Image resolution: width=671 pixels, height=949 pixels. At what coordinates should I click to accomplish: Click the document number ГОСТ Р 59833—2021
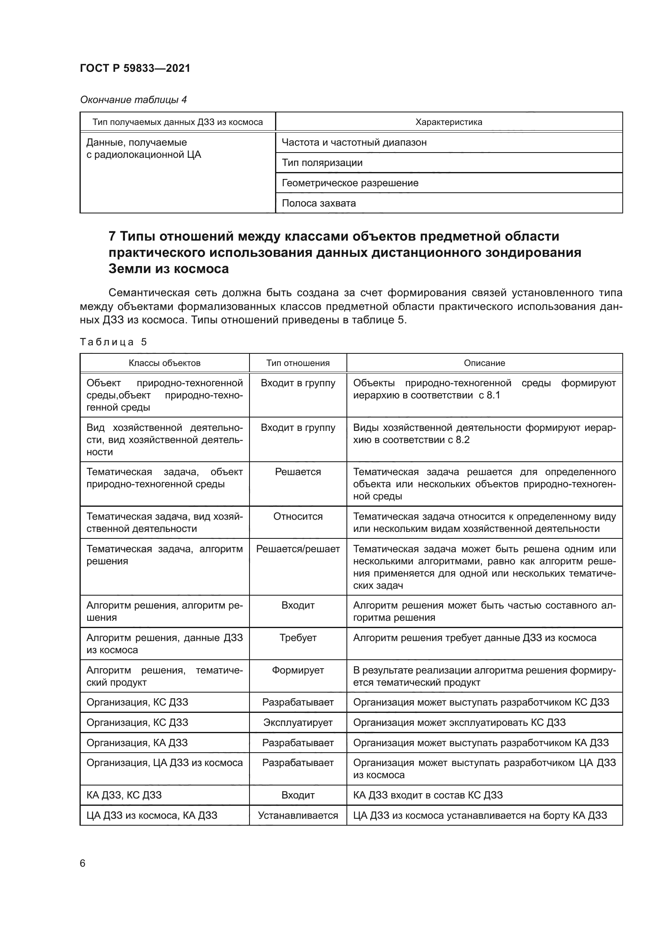pos(135,68)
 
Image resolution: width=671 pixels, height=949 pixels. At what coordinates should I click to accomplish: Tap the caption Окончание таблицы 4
pos(133,100)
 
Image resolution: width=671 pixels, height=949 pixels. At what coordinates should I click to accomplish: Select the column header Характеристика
pos(448,122)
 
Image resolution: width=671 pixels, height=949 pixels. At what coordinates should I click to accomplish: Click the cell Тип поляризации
pos(322,162)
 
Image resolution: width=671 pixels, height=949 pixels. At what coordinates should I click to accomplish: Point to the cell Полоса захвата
pos(318,203)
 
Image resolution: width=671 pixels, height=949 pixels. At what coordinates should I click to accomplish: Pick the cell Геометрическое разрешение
pos(350,183)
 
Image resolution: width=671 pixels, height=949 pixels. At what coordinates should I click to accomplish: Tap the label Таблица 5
pos(113,342)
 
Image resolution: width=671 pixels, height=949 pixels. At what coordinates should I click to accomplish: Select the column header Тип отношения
pos(297,363)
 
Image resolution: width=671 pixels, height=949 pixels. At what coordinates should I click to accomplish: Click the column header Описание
pos(484,363)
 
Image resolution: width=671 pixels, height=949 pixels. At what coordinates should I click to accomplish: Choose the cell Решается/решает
pos(297,549)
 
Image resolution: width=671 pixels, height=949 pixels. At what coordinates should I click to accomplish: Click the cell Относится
pos(297,516)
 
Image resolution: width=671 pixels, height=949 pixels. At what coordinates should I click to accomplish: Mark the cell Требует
pos(297,638)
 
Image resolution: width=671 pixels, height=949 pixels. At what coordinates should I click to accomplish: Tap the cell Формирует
pos(297,670)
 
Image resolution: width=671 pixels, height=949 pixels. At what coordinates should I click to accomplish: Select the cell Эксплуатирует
pos(297,723)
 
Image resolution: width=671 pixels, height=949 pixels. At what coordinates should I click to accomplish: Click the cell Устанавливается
pos(297,816)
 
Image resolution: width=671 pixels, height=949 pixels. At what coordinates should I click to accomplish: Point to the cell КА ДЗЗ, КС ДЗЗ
pos(124,795)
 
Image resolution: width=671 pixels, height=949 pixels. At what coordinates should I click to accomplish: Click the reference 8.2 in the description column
pos(462,440)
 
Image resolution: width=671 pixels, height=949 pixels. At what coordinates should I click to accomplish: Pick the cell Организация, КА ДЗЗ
pos(137,743)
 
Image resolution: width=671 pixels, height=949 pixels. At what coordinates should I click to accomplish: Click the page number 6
pos(83,863)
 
